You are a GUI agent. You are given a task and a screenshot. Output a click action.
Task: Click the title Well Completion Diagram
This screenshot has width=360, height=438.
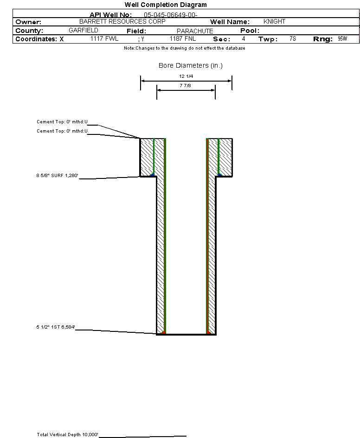point(166,5)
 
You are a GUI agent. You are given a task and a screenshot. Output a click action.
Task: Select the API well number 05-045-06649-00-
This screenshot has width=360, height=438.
point(171,15)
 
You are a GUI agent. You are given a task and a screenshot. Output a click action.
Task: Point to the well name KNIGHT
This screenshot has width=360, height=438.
point(274,22)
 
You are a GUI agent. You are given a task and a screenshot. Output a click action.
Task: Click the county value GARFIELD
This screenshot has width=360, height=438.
point(84,31)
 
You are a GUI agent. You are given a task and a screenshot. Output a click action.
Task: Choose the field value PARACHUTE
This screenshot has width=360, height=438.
point(195,31)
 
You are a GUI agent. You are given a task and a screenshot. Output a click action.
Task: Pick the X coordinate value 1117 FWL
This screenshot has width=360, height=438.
point(104,39)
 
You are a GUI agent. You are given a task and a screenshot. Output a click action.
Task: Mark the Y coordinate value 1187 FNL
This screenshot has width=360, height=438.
point(183,39)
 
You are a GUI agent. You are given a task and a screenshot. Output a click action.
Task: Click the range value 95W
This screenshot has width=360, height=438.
point(342,39)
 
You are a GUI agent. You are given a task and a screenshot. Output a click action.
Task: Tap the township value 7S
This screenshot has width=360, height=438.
point(292,39)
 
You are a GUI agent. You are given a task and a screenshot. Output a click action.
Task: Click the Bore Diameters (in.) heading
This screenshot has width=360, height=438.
point(191,66)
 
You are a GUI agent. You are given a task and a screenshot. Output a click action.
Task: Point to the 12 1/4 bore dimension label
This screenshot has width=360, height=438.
point(186,76)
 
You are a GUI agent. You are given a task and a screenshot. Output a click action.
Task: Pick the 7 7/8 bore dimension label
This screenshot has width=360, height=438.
point(186,86)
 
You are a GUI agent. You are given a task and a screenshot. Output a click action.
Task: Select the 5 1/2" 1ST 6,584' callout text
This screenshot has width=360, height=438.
point(56,327)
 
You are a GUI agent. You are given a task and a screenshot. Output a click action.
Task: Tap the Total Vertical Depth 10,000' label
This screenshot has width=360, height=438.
point(68,434)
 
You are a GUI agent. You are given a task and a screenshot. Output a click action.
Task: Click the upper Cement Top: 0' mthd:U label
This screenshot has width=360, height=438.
point(62,122)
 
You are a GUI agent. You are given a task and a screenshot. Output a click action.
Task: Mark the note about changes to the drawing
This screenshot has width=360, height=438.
point(184,48)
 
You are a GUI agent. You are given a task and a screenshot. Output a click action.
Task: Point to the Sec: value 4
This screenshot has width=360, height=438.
point(244,39)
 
